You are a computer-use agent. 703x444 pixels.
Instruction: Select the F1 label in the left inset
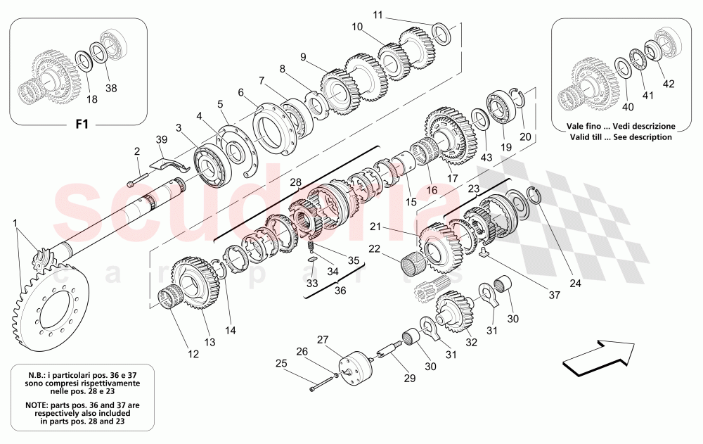tap(82, 125)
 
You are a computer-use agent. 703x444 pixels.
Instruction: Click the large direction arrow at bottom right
tap(599, 353)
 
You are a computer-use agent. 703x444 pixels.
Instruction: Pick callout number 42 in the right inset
tap(668, 83)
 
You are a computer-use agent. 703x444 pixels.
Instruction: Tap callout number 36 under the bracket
tap(340, 291)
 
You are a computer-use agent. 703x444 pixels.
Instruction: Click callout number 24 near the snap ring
tap(576, 284)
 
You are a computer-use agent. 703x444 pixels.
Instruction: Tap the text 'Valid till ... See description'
tap(621, 137)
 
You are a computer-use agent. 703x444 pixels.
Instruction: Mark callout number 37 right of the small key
tap(555, 295)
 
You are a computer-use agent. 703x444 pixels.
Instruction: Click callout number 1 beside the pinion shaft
tap(16, 223)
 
